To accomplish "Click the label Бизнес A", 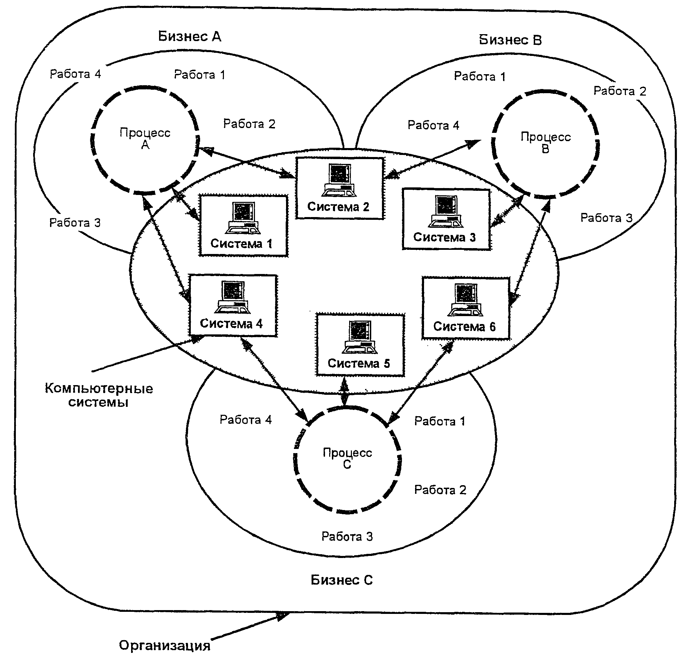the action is point(189,36).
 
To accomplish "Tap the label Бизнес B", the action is point(510,40).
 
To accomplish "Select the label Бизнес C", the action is point(342,580).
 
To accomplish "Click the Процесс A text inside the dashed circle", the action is point(145,138).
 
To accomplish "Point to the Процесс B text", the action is point(546,143).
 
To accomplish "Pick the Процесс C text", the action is point(347,458).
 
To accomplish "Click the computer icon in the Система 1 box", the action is point(243,218).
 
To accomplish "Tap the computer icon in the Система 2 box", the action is point(339,180).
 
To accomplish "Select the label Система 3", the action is point(444,237).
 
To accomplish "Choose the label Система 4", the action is point(231,323).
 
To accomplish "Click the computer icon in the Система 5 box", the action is point(360,337).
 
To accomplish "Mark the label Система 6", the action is point(465,326).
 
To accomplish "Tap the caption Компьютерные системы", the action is point(99,395).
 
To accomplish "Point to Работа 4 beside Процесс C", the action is point(245,420).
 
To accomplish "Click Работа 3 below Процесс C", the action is point(347,536).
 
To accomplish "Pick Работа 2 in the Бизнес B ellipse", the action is point(620,91).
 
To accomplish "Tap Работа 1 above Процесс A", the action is point(199,75).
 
